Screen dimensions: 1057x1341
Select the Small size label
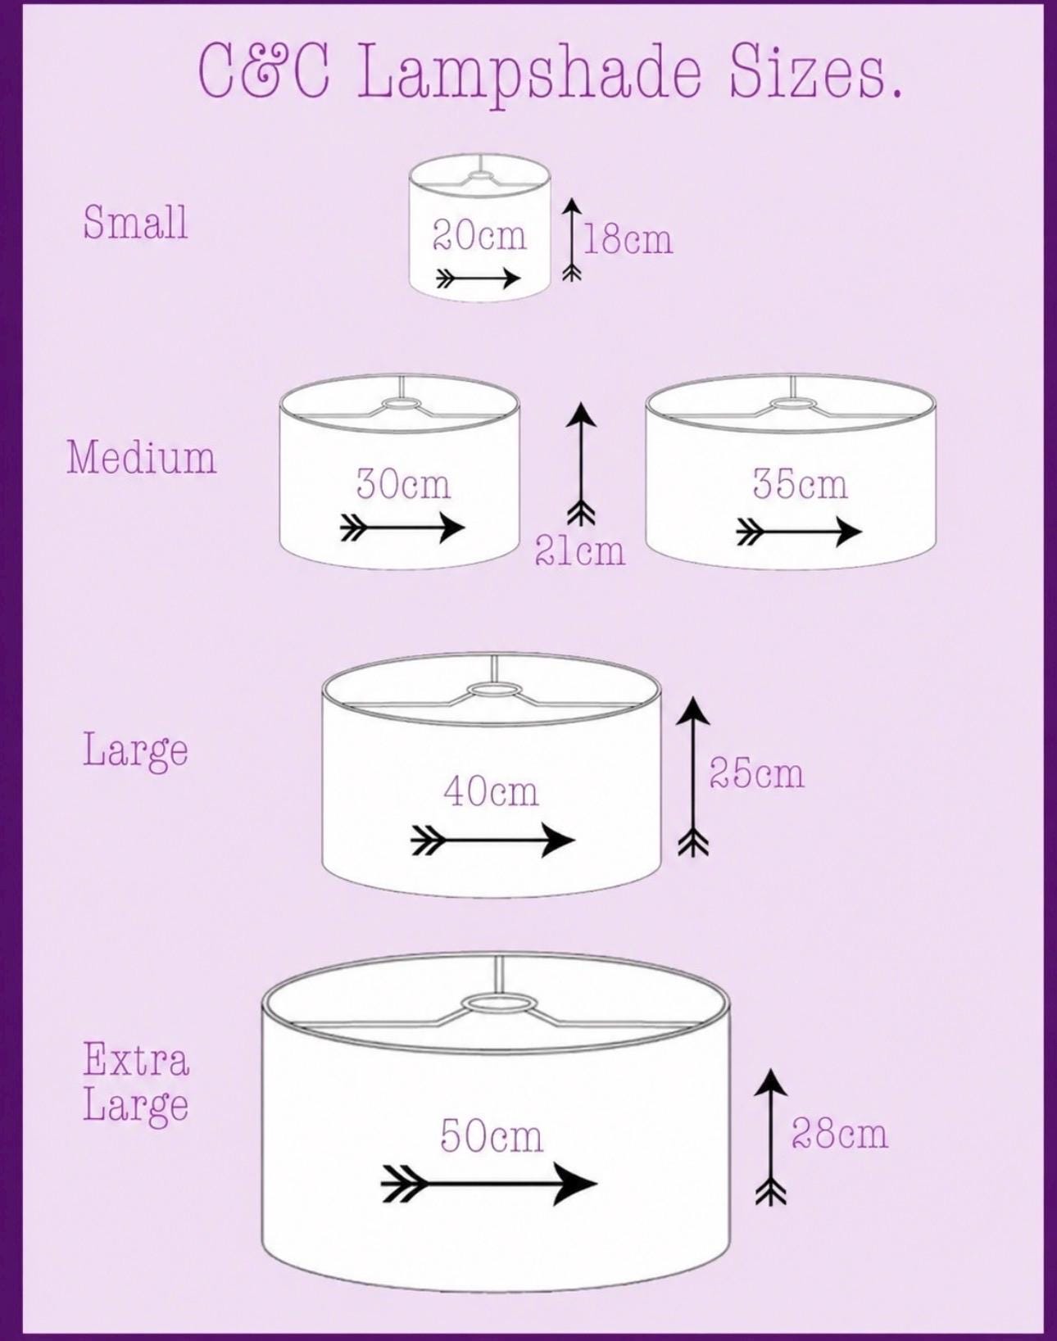(135, 222)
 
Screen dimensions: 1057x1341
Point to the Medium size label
(142, 457)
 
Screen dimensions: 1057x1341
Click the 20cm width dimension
(479, 236)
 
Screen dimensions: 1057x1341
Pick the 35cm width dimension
(801, 483)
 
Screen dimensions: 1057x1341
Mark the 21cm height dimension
(579, 550)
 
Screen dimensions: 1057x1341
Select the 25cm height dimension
(756, 773)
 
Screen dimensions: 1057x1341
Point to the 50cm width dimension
(492, 1135)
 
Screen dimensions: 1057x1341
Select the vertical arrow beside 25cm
(693, 777)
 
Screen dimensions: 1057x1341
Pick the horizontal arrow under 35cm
(799, 532)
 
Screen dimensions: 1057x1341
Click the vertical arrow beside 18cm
(572, 240)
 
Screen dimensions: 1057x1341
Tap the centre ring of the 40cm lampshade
(495, 690)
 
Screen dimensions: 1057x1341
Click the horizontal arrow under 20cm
(479, 278)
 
